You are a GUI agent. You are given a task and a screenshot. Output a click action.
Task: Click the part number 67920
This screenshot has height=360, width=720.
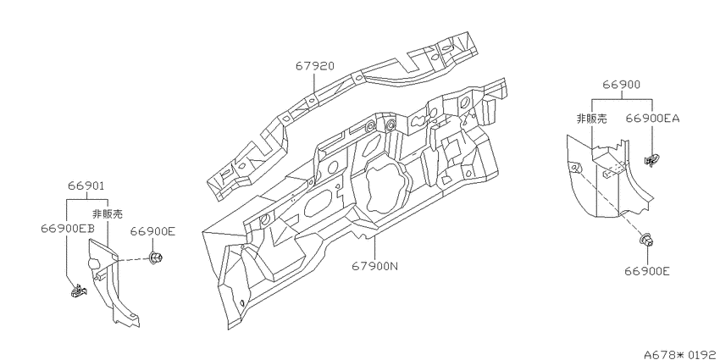(314, 66)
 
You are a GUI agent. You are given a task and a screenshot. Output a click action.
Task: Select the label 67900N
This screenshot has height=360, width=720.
(374, 266)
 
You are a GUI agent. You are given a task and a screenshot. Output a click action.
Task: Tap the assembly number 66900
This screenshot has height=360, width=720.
(621, 85)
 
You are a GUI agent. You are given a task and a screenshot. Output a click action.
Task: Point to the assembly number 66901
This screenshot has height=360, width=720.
(86, 186)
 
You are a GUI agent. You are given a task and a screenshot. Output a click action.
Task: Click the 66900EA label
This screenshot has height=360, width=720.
(652, 119)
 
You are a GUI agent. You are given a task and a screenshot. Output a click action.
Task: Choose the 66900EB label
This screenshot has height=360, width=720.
(68, 229)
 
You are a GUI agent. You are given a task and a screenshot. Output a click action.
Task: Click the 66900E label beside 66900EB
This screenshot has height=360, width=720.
(152, 231)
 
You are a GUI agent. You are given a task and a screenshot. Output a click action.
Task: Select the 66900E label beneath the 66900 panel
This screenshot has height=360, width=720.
(647, 271)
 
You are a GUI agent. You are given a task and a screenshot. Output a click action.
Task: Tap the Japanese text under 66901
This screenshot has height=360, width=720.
(108, 213)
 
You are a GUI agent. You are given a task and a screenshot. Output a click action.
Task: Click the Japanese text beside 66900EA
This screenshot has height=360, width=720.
(591, 119)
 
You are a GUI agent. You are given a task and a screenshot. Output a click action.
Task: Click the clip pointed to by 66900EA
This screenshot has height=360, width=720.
(651, 161)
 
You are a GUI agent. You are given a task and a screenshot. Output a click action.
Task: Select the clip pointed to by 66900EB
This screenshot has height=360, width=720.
(79, 291)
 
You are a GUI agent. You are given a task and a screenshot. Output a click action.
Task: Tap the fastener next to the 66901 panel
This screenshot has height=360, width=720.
(155, 258)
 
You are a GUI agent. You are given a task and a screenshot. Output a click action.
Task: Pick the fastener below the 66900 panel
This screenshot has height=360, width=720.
(646, 241)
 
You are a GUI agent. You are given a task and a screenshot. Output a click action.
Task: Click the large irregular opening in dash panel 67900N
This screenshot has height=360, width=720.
(385, 188)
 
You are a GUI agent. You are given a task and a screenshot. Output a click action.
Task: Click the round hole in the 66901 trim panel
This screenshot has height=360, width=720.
(93, 263)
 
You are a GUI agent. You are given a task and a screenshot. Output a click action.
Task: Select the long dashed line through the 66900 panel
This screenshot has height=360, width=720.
(610, 202)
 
